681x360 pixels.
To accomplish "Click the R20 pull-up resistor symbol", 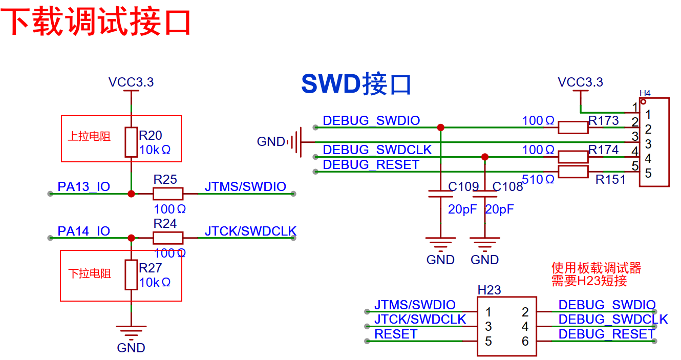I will click(131, 142).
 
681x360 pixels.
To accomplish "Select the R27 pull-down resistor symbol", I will click(131, 275).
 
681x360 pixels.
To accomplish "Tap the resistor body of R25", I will click(168, 194).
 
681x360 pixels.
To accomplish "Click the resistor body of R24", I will click(168, 238).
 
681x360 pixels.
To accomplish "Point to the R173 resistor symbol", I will click(572, 128).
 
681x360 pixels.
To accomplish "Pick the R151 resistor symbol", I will click(572, 172).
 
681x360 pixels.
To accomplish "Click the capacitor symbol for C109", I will click(441, 194).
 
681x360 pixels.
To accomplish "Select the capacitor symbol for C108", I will click(485, 194).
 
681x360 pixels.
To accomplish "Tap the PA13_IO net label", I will click(83, 187).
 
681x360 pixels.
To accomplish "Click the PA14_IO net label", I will click(83, 231).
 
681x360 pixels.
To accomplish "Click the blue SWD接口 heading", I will click(356, 84).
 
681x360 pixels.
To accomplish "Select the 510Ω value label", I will click(538, 179).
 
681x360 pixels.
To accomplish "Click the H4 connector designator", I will click(645, 93).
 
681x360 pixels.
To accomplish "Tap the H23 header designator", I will click(489, 290).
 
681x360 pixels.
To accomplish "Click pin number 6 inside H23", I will click(525, 341).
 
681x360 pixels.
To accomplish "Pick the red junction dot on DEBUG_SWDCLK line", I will click(485, 157).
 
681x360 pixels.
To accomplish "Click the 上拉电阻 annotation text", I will click(89, 137).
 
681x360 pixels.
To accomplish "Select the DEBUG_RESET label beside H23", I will click(606, 334).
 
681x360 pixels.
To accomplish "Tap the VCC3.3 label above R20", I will click(131, 82).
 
